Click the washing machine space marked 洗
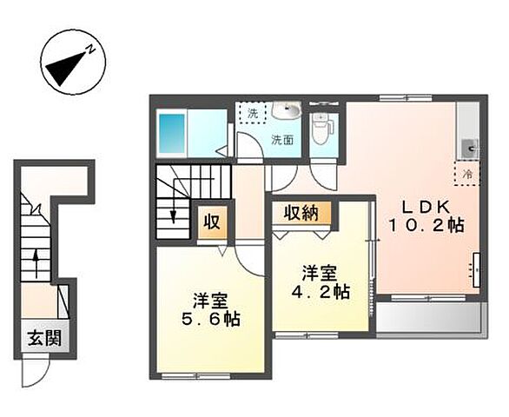[253, 113]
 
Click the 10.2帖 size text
[426, 224]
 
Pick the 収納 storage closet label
[299, 213]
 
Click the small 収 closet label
[211, 221]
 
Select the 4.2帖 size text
[321, 290]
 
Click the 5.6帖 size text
[212, 318]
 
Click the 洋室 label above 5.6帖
[210, 300]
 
